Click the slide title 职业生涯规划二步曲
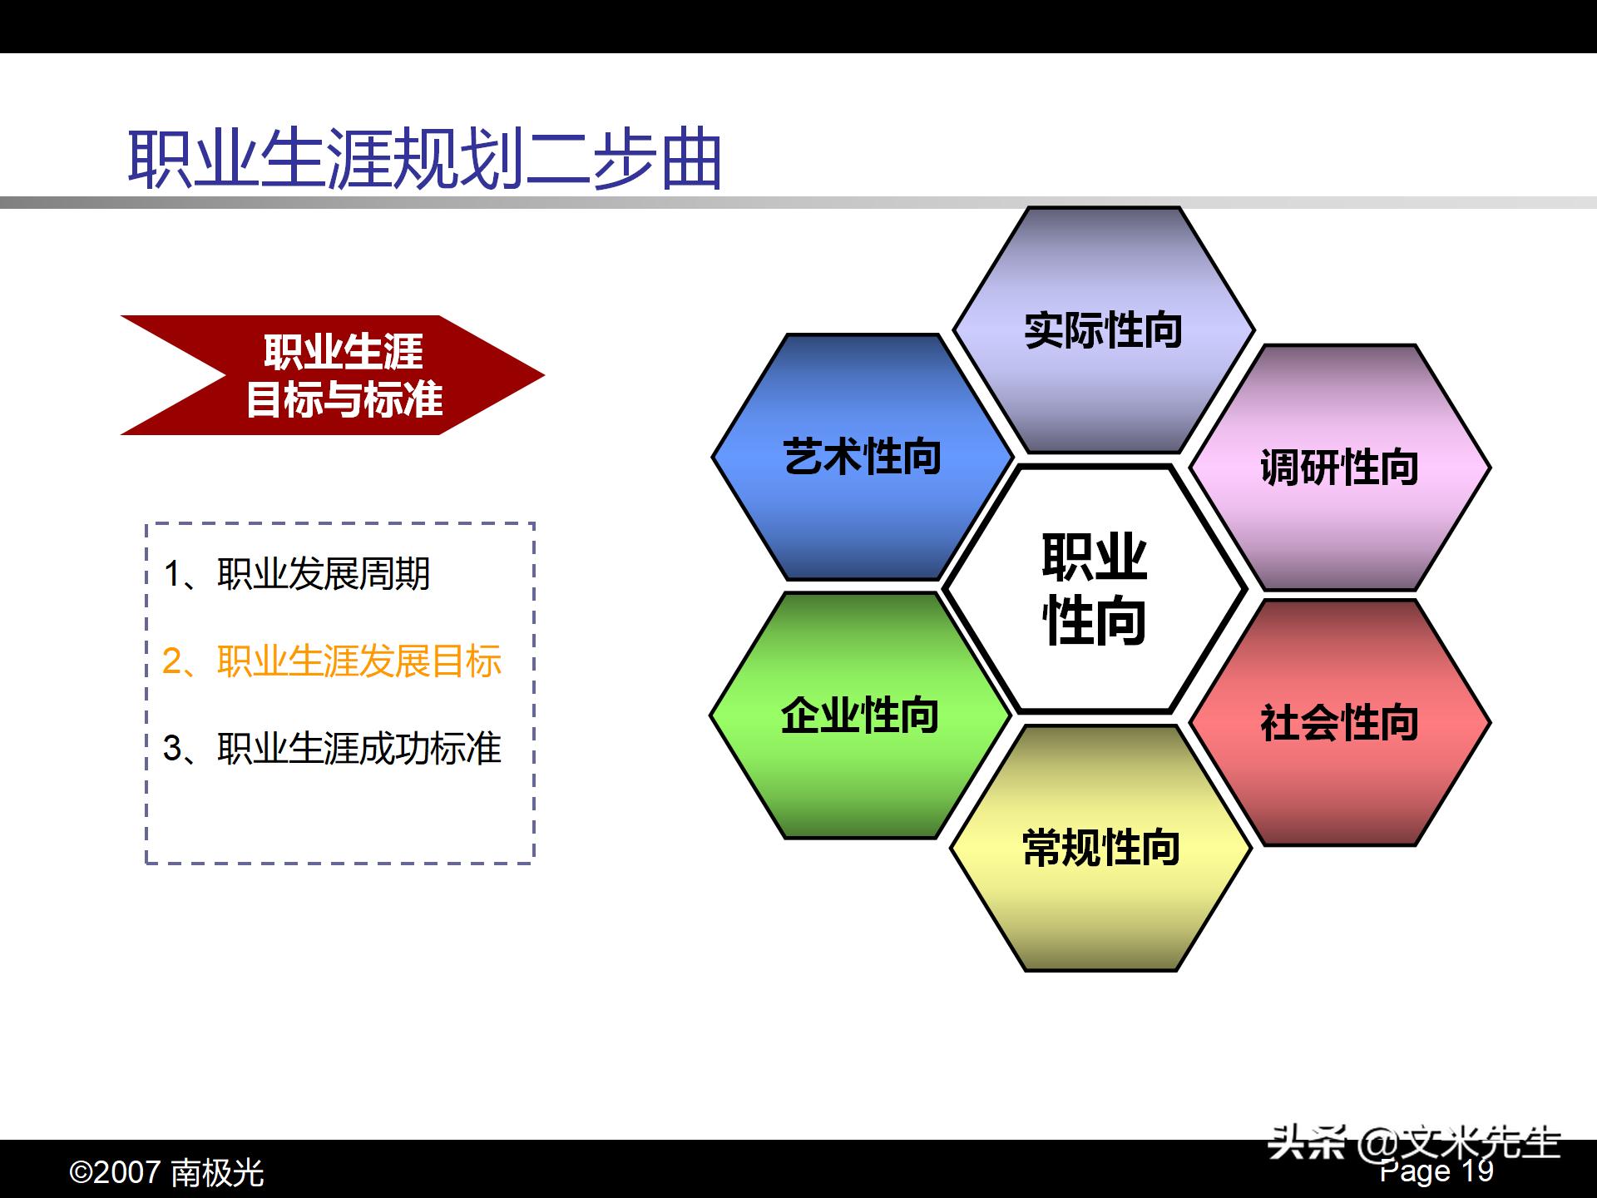pyautogui.click(x=424, y=158)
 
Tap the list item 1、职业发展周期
pyautogui.click(x=297, y=574)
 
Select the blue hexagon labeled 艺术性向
pyautogui.click(x=862, y=457)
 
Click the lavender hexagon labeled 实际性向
pyautogui.click(x=1103, y=330)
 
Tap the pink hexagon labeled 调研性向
pyautogui.click(x=1339, y=467)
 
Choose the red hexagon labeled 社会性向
pyautogui.click(x=1339, y=722)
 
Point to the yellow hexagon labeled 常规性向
pyautogui.click(x=1100, y=848)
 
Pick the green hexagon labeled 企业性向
pyautogui.click(x=859, y=715)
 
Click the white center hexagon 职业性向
pyautogui.click(x=1095, y=589)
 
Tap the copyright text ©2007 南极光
pyautogui.click(x=166, y=1173)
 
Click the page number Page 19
pyautogui.click(x=1436, y=1171)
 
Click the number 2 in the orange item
pyautogui.click(x=172, y=661)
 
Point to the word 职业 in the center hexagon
pyautogui.click(x=1095, y=557)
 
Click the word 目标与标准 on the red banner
pyautogui.click(x=344, y=400)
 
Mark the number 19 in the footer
pyautogui.click(x=1477, y=1171)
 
